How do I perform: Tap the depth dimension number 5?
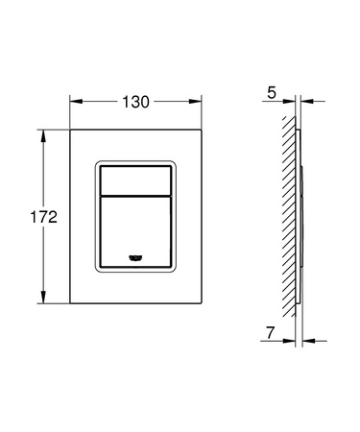click(273, 94)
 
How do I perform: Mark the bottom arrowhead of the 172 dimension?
click(43, 301)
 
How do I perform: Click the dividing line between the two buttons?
click(136, 195)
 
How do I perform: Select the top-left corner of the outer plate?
click(71, 129)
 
